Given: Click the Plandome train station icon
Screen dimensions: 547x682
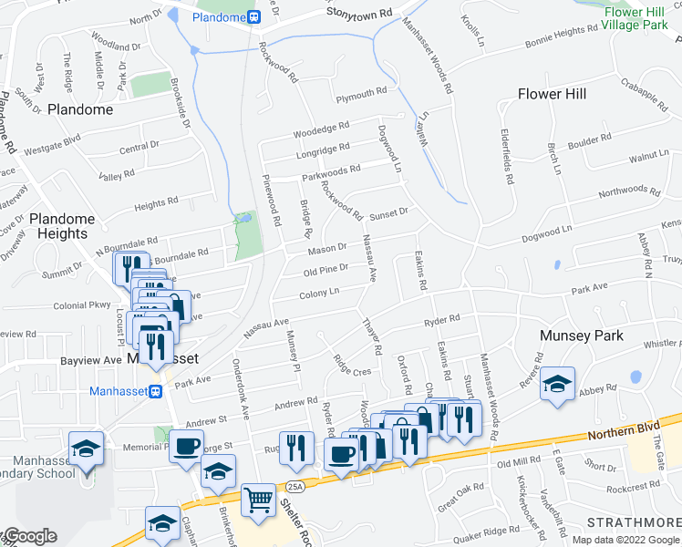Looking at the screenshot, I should coord(254,16).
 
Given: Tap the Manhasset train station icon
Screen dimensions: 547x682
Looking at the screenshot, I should coord(155,392).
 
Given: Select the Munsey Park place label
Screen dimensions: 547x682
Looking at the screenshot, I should coord(582,335).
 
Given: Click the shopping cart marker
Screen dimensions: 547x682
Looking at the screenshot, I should coord(260,499).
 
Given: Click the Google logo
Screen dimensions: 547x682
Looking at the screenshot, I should coord(30,537).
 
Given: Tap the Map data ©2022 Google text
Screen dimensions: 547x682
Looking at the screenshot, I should coord(625,539).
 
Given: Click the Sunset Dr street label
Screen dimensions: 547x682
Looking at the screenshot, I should coord(387,212).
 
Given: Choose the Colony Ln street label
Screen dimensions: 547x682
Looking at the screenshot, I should coord(319,294).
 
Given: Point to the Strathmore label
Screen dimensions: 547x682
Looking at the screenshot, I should coord(633,521).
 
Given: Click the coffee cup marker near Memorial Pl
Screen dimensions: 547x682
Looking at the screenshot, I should coord(187,448).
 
